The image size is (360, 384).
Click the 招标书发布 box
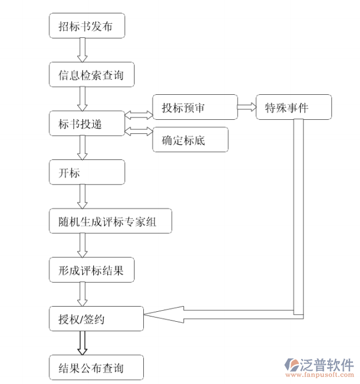click(x=87, y=26)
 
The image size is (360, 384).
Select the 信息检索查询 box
click(x=87, y=74)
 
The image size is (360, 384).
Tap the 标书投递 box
click(x=87, y=123)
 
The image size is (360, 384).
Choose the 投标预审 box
click(x=195, y=107)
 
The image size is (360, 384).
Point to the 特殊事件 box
click(x=293, y=107)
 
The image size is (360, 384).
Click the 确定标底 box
click(x=190, y=140)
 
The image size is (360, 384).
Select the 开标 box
click(x=87, y=172)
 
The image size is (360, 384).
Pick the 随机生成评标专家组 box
click(x=111, y=221)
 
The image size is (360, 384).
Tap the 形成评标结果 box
click(x=94, y=270)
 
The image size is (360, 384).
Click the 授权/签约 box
click(x=96, y=318)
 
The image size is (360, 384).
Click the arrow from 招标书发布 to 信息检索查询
click(x=83, y=50)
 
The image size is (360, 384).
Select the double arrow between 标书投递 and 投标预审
click(x=139, y=114)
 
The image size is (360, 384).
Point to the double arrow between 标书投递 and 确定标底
click(x=139, y=131)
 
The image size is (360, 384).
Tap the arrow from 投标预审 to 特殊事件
click(x=246, y=107)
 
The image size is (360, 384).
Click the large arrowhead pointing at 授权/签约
click(x=166, y=315)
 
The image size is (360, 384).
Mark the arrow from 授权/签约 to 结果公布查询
click(x=83, y=343)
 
